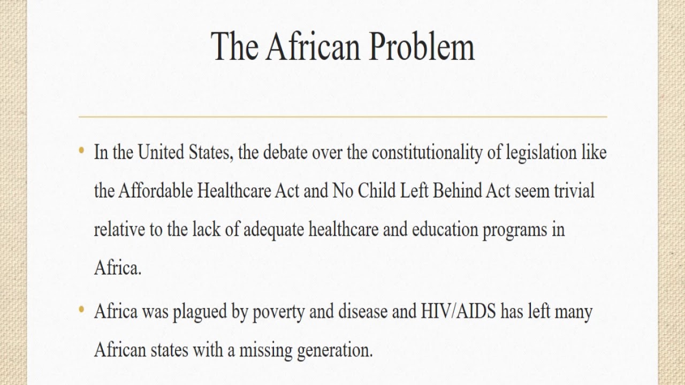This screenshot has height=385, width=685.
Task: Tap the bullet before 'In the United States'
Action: coord(81,151)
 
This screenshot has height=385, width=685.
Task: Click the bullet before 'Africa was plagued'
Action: coord(81,310)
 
